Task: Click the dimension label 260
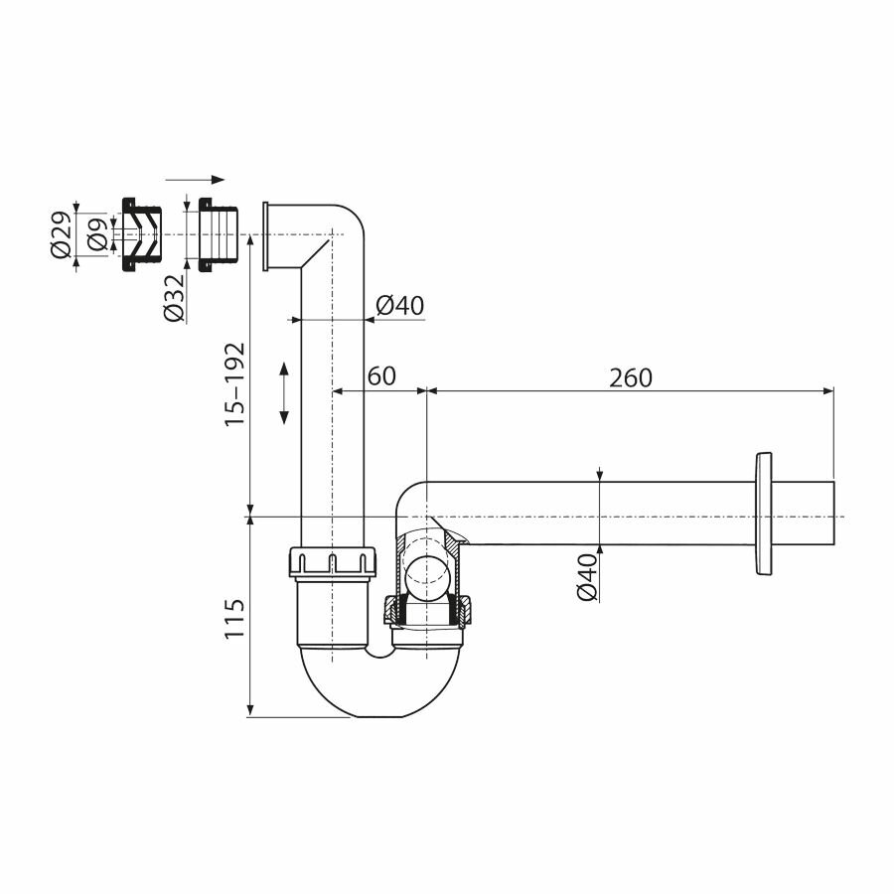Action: tap(631, 377)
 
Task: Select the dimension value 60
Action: tap(381, 375)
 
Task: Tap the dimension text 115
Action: tap(234, 618)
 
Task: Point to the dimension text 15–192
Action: tap(234, 384)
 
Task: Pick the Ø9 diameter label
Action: tap(96, 234)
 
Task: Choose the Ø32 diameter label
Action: tap(174, 299)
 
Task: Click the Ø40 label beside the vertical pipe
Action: tap(400, 306)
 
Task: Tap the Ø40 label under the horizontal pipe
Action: tap(587, 577)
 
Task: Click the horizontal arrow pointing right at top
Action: tap(196, 180)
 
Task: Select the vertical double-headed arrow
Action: tap(284, 393)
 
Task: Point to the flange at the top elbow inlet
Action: tap(266, 235)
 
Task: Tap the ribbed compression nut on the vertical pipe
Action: tap(333, 562)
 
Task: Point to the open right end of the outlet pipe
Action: tap(832, 514)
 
